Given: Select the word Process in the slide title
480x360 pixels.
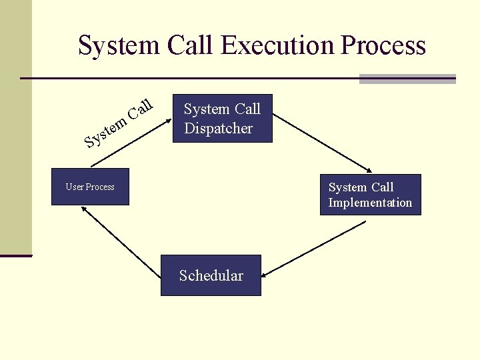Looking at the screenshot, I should [x=383, y=46].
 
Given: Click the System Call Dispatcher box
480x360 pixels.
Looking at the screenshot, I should [x=223, y=118].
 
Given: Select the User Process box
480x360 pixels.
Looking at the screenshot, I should [x=90, y=187].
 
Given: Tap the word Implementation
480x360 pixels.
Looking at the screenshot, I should [x=370, y=203].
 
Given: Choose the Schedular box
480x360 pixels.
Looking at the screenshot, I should [x=211, y=275].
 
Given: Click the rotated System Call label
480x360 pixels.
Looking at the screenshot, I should [x=121, y=121].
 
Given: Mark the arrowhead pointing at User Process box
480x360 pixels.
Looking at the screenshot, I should [x=83, y=209].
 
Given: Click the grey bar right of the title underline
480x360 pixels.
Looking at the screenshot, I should [x=407, y=79].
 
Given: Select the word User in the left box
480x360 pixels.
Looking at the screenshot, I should [x=73, y=187].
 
